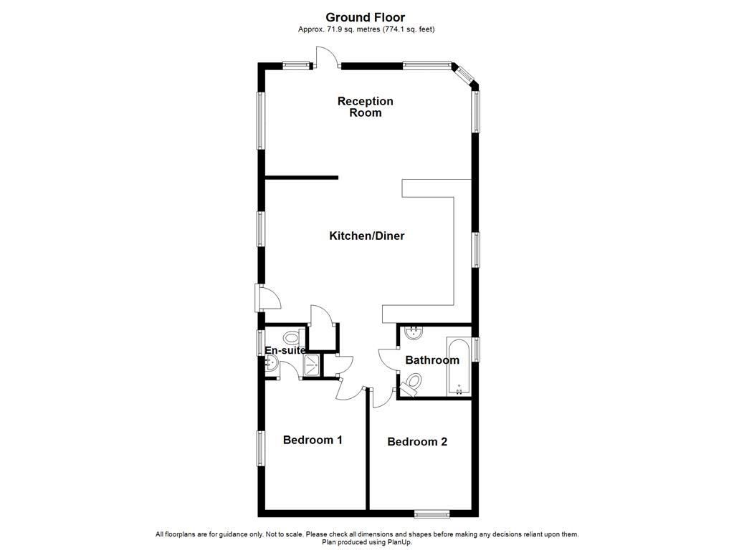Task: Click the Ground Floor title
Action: coord(366,17)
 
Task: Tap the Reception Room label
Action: coord(366,107)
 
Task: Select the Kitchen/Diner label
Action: coord(366,236)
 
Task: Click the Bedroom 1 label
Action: coord(313,440)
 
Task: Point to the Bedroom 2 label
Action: coord(417,442)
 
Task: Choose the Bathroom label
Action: coord(432,360)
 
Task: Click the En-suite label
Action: coord(285,350)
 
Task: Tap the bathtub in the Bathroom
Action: coord(458,366)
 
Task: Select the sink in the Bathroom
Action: coord(414,332)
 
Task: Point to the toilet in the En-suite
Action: coord(292,337)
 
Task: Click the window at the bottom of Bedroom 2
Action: coord(432,513)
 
